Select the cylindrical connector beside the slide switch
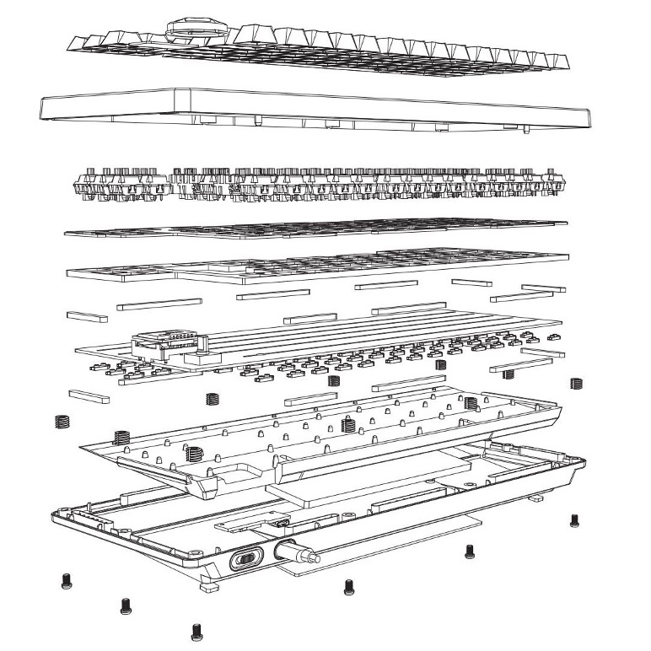pos(295,555)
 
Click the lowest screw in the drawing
pos(197,629)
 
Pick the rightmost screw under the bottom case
pos(575,519)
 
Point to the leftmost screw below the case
pos(65,580)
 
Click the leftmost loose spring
pos(61,421)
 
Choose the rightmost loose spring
pos(577,382)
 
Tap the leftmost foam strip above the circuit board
pos(87,316)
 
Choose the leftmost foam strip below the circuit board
pos(89,394)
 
